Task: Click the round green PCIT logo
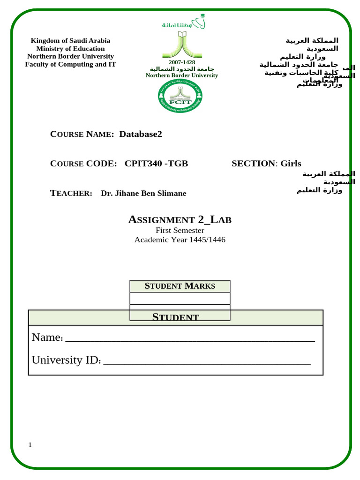[180, 96]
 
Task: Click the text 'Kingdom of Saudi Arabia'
[70, 41]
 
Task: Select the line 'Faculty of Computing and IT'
[70, 64]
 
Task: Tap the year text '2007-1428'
[182, 62]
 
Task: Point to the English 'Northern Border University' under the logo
[182, 75]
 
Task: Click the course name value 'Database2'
[141, 134]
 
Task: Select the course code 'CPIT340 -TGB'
[156, 164]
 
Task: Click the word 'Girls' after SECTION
[291, 164]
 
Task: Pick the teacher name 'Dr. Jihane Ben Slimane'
[143, 194]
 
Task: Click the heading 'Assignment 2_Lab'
[180, 219]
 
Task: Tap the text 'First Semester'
[180, 230]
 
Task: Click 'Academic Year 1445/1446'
[180, 240]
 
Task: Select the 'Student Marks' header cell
[180, 286]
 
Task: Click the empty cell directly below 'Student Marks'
[180, 298]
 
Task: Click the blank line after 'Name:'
[190, 338]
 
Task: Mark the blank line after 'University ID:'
[206, 361]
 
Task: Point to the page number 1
[30, 445]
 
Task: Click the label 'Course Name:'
[82, 135]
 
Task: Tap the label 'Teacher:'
[71, 194]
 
